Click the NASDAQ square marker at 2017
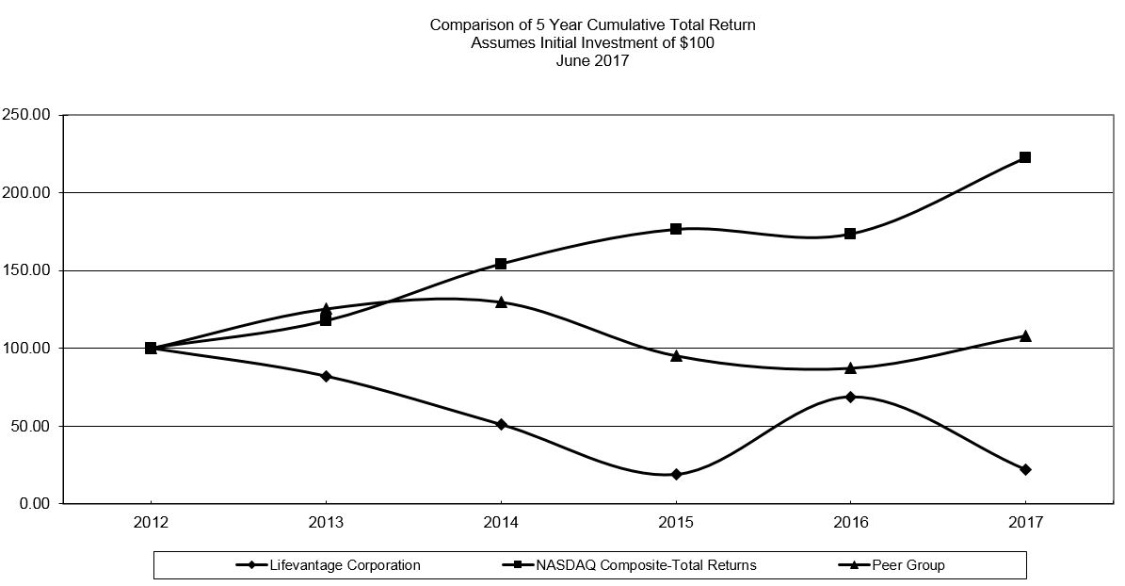[1025, 157]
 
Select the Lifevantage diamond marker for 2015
[676, 474]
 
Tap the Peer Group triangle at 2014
[501, 301]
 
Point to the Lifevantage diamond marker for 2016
[851, 397]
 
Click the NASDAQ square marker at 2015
[676, 229]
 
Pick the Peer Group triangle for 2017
[1025, 335]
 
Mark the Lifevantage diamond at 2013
[326, 376]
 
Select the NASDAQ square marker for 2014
[501, 264]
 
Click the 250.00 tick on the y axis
[29, 115]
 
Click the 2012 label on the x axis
[151, 521]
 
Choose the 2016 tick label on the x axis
[850, 521]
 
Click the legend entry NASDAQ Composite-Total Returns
[646, 565]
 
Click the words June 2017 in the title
[592, 60]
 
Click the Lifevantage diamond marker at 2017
[1025, 469]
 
